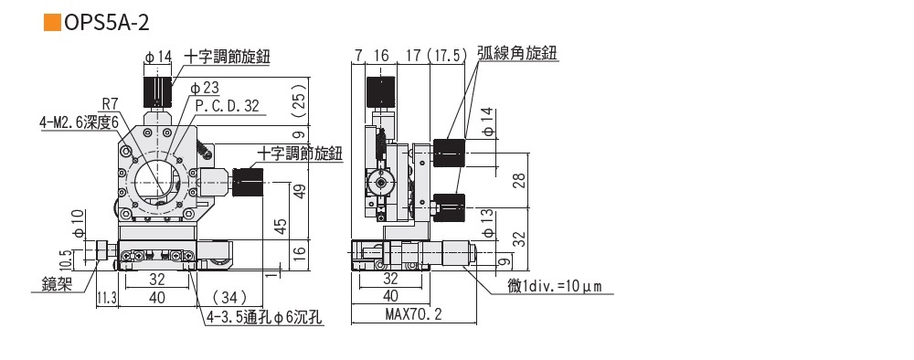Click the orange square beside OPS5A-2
point(52,22)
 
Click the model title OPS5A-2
point(107,22)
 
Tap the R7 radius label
point(111,103)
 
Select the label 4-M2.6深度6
point(80,122)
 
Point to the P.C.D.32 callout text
point(228,105)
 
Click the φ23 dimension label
point(205,88)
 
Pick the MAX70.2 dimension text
point(414,314)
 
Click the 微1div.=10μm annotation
point(555,286)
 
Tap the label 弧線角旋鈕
point(517,53)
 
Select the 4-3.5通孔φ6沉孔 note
point(264,318)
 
